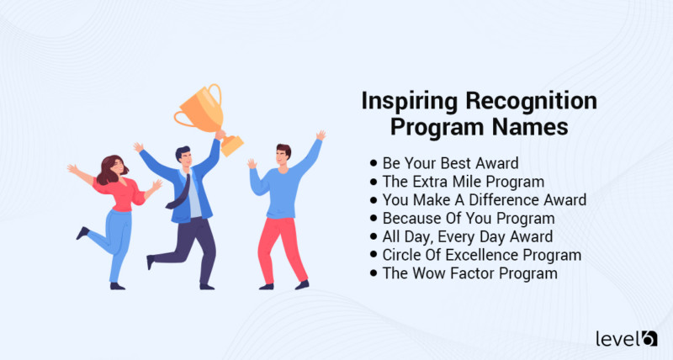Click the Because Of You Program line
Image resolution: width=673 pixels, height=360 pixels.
coord(459,218)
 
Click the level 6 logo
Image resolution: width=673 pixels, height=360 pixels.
coord(626,338)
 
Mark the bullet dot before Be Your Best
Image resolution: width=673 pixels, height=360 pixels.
coord(373,162)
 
